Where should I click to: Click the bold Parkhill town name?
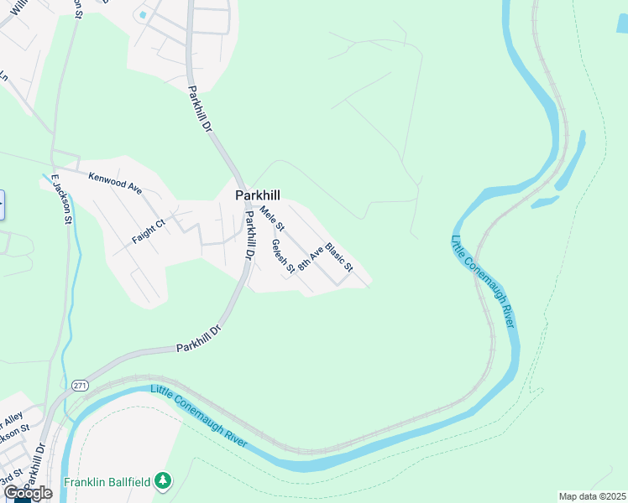click(x=257, y=195)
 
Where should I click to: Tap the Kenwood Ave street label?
click(x=115, y=180)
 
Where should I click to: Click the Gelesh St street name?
click(x=280, y=257)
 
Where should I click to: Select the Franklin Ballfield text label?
click(x=107, y=481)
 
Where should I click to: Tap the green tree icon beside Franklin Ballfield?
click(x=164, y=480)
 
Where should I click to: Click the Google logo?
click(x=28, y=493)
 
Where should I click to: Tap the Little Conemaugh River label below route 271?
click(x=200, y=416)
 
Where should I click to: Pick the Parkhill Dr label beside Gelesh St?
click(x=249, y=236)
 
